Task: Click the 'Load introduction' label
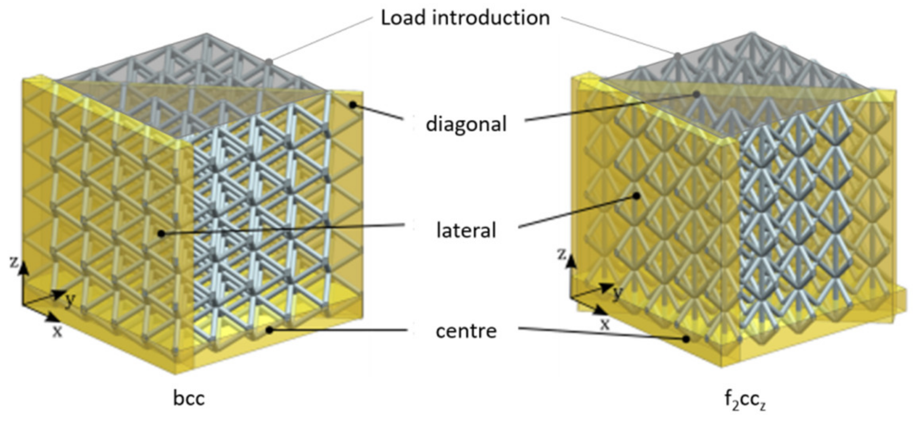[x=465, y=18]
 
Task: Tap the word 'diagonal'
[x=466, y=124]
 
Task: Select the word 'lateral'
[x=466, y=230]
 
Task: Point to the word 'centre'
[x=466, y=331]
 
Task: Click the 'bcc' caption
[x=189, y=398]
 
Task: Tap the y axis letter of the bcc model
[x=70, y=301]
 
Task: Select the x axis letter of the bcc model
[x=58, y=332]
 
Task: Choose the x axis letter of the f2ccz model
[x=605, y=324]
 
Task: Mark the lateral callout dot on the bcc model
[x=161, y=234]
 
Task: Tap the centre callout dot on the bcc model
[x=269, y=330]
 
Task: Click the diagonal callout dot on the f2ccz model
[x=696, y=94]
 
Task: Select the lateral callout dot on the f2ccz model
[x=637, y=195]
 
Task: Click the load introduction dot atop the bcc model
[x=269, y=62]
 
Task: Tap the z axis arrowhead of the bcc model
[x=24, y=268]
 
